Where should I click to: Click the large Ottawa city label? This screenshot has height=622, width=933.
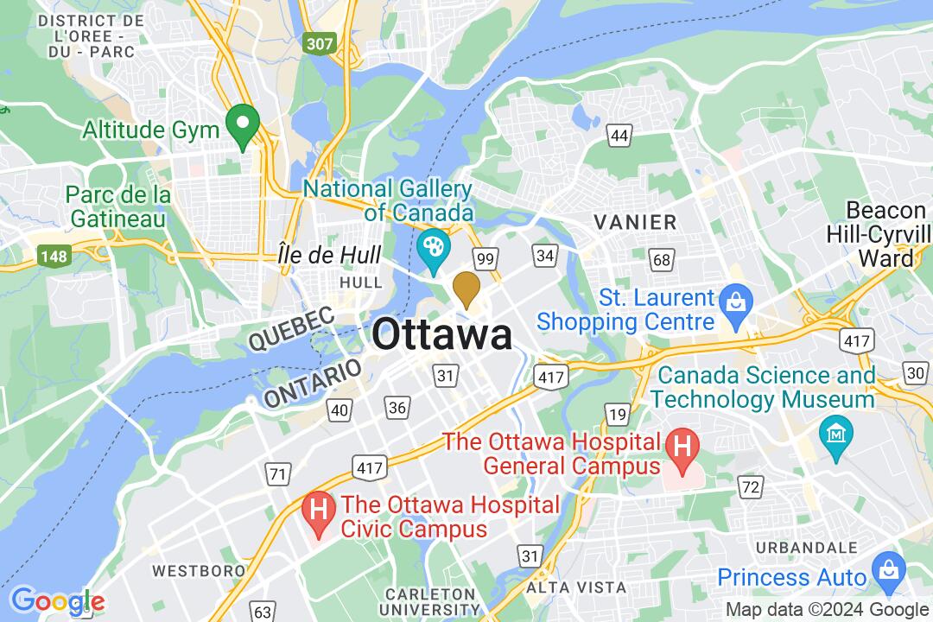[x=442, y=335]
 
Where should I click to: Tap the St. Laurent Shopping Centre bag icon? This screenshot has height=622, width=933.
[x=736, y=303]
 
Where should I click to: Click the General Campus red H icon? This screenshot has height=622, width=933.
[x=682, y=449]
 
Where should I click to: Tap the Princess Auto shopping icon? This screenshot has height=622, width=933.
[x=887, y=568]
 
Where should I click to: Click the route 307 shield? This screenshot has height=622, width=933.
[x=319, y=42]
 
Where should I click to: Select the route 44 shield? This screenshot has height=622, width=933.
[x=619, y=135]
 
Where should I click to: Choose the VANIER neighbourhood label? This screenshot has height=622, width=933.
[x=635, y=223]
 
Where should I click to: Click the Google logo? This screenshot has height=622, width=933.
[x=57, y=601]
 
